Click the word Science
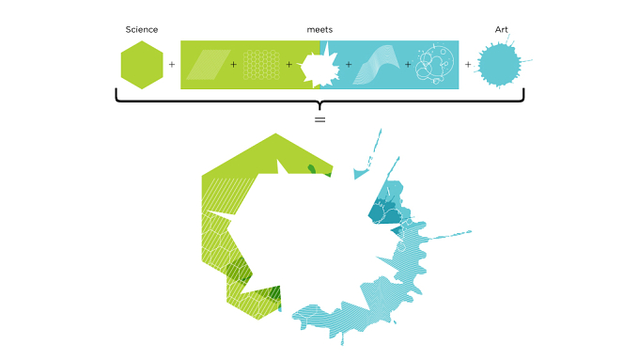point(141,30)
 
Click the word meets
point(319,30)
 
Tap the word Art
point(501,30)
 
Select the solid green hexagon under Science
point(142,65)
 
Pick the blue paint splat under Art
point(499,65)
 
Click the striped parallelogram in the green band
point(209,65)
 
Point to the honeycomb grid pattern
point(261,65)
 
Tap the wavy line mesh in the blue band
point(375,65)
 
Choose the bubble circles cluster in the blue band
point(434,64)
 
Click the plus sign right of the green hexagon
point(172,65)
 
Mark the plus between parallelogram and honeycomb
point(233,65)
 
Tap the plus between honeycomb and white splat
point(288,65)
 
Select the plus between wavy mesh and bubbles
point(408,65)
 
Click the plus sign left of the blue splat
point(468,65)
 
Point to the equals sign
point(319,120)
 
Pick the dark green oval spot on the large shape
point(312,168)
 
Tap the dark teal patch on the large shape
point(383,212)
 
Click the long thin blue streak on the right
point(449,235)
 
